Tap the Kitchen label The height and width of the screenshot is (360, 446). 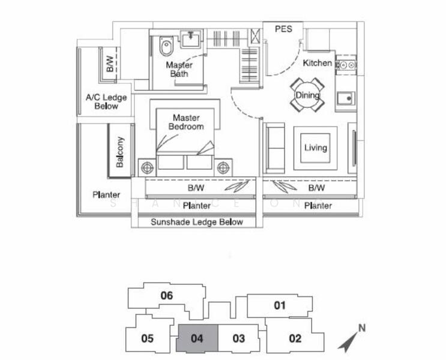click(317, 63)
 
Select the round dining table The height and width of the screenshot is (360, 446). click(307, 95)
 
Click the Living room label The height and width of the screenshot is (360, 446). click(315, 148)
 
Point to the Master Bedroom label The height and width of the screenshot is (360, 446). click(186, 122)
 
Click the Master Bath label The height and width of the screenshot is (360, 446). click(179, 69)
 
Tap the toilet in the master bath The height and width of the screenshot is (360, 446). click(166, 45)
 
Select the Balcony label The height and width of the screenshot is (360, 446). click(119, 152)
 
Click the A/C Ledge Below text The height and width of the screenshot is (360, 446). click(106, 101)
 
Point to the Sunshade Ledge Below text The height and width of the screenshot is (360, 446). click(197, 222)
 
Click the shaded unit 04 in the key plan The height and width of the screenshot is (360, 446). click(197, 338)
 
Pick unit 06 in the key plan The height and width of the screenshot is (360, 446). click(167, 295)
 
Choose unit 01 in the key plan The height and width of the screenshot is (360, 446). click(280, 305)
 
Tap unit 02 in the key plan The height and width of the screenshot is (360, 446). click(295, 338)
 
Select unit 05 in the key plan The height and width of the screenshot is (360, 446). click(148, 338)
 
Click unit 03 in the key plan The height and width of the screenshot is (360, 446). click(238, 338)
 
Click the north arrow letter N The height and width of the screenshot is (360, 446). click(361, 328)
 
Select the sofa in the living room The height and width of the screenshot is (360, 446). click(275, 147)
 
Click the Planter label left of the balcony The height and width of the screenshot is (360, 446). click(106, 194)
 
